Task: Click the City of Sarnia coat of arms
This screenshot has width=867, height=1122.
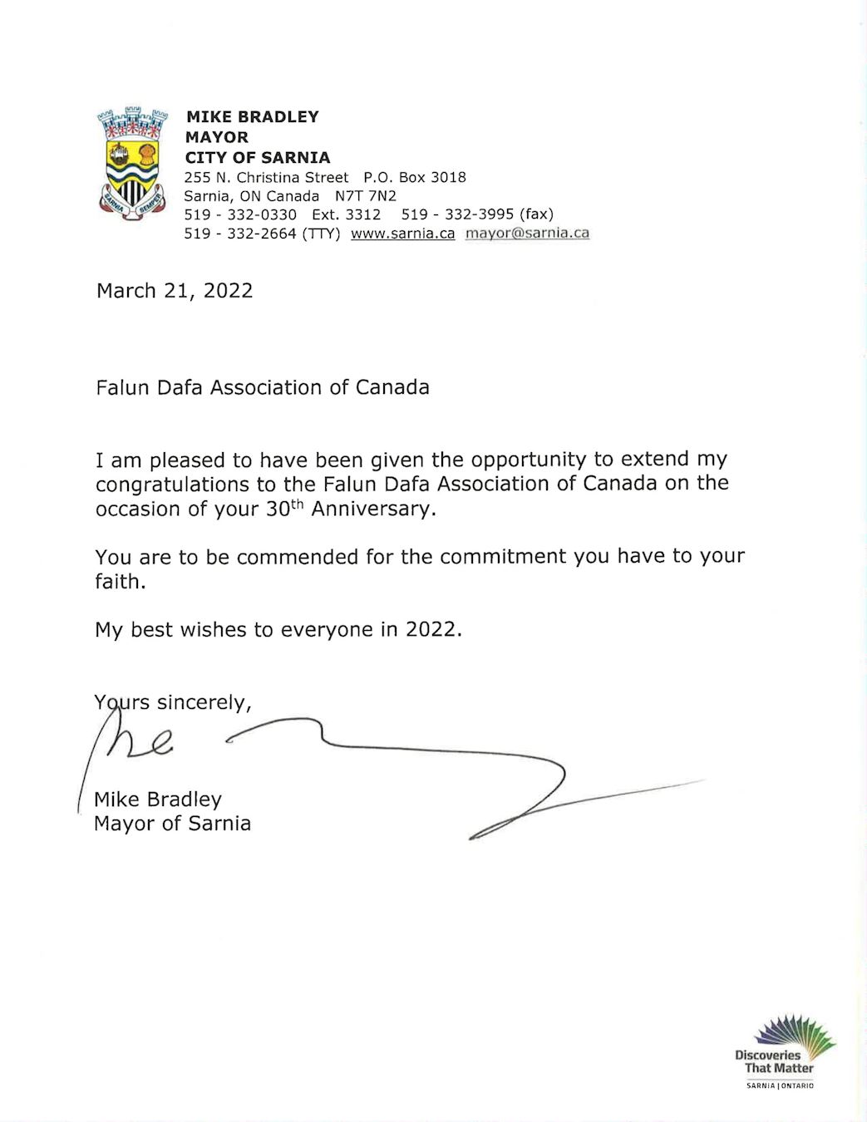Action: [132, 163]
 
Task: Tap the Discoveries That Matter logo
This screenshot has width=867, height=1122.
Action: [784, 1051]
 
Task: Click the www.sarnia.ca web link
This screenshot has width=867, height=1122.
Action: [402, 234]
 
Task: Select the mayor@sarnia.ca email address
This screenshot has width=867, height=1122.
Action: [527, 234]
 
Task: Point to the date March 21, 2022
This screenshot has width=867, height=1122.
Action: [175, 291]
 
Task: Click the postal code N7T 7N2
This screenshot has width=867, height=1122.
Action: [366, 196]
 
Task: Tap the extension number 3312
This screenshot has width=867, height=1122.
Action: [363, 214]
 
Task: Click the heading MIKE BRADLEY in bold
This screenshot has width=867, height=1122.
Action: [252, 117]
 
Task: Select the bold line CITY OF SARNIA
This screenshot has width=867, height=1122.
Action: [258, 158]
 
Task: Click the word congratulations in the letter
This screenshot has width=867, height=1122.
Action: [172, 485]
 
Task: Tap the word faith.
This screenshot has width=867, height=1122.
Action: [120, 582]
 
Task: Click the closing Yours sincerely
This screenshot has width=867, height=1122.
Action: [173, 703]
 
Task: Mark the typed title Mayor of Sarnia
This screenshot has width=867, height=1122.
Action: [172, 824]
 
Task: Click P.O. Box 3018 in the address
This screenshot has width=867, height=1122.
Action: [414, 177]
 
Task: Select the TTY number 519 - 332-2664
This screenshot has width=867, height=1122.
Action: [240, 234]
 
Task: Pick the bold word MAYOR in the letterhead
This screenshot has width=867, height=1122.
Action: [216, 137]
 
